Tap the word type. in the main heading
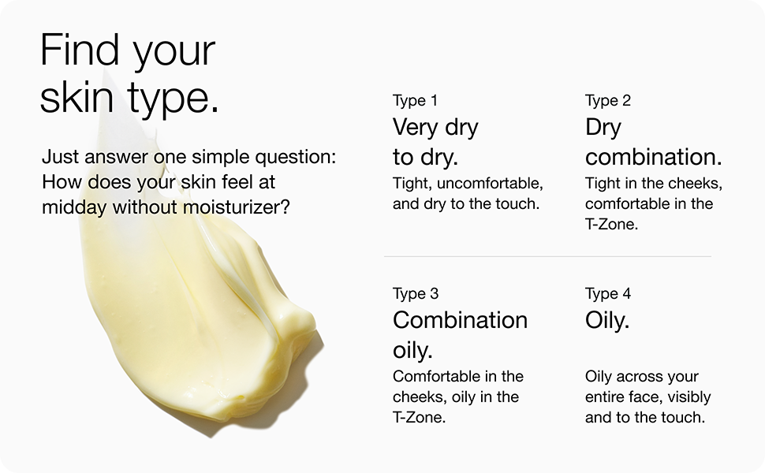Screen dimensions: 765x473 (173, 99)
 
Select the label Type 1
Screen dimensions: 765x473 (415, 100)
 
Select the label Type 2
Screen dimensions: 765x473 (608, 100)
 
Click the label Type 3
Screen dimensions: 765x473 (416, 293)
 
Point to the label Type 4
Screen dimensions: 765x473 (608, 293)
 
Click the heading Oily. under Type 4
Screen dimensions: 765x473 (607, 321)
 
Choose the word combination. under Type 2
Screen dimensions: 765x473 (653, 157)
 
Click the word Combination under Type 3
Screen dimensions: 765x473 (460, 320)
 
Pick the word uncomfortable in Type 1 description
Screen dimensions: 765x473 (490, 184)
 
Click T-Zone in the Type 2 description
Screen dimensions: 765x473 (611, 225)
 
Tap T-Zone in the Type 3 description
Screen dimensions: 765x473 (419, 417)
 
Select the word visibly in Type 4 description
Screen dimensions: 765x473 (688, 397)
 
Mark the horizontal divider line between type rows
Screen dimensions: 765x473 (547, 256)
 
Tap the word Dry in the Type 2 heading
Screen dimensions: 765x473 (603, 127)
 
